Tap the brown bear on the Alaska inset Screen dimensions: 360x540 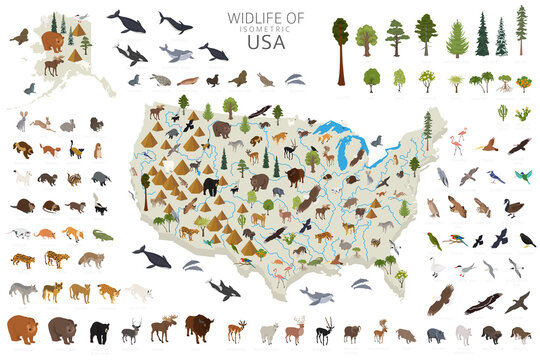pos(53,41)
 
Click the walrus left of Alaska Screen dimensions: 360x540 pos(19,37)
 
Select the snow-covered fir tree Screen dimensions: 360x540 pos(501,38)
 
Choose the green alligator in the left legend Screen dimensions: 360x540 pos(104,235)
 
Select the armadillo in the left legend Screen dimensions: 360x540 pos(46,234)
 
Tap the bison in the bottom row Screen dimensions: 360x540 pos(197,327)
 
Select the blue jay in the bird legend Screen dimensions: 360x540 pos(494,177)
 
